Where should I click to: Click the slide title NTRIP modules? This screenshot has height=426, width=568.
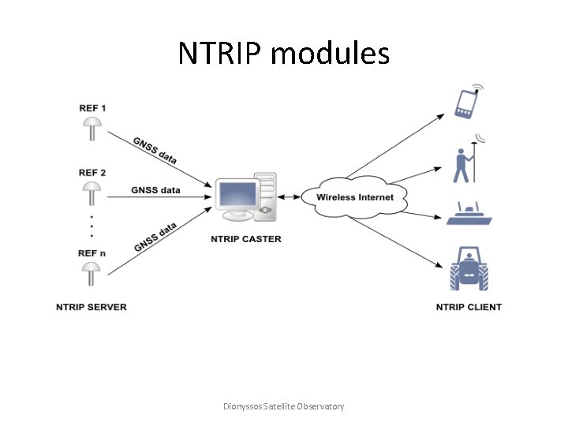pos(283,54)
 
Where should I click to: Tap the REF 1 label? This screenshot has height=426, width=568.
pos(92,107)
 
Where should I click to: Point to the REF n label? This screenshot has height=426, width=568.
pos(92,252)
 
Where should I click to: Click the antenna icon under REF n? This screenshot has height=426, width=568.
pos(92,275)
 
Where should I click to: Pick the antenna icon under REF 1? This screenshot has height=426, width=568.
pos(92,129)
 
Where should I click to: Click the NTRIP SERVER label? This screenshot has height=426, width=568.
pos(92,307)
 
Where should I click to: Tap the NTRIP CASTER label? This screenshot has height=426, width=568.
pos(246,239)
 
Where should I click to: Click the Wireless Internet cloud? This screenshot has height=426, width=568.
pos(354,196)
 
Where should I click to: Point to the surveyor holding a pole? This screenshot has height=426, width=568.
pos(464,161)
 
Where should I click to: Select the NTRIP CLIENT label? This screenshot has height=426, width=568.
pos(469,307)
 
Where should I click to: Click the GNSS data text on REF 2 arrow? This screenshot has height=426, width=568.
pos(155,190)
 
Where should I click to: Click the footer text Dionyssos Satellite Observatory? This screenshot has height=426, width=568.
pos(284,406)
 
